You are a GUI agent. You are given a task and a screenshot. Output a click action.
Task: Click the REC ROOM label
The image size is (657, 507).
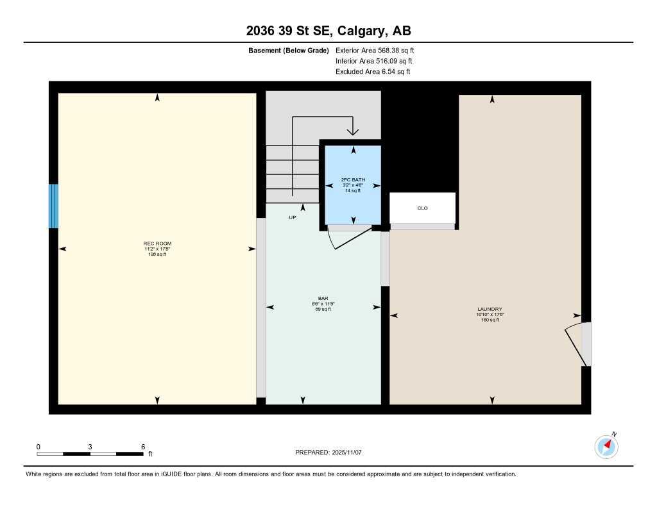[x=157, y=244]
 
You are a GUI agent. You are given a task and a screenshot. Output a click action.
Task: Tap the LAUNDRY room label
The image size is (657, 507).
[x=492, y=309]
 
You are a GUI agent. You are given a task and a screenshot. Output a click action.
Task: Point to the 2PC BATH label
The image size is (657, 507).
[x=353, y=180]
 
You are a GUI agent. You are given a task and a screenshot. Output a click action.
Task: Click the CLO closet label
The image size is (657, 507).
[x=422, y=208]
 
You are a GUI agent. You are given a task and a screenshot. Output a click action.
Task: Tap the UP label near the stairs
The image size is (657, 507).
[x=292, y=218]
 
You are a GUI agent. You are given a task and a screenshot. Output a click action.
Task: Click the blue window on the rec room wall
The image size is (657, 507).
[x=53, y=206]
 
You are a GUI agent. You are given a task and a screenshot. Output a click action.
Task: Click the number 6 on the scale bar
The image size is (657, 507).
[x=143, y=447]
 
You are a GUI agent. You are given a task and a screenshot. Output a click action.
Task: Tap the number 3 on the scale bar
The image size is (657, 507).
[x=90, y=447]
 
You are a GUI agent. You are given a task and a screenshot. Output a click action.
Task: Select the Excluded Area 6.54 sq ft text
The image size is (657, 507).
[x=373, y=72]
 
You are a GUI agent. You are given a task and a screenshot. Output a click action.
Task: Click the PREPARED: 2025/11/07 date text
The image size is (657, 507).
[x=328, y=453]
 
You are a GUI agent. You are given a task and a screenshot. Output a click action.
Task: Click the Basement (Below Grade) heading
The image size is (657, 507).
[x=289, y=50]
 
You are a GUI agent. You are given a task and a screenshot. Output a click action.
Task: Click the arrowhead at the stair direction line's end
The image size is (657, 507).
[x=352, y=132]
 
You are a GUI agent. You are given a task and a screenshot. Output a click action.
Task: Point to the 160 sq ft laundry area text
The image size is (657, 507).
[x=490, y=320]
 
